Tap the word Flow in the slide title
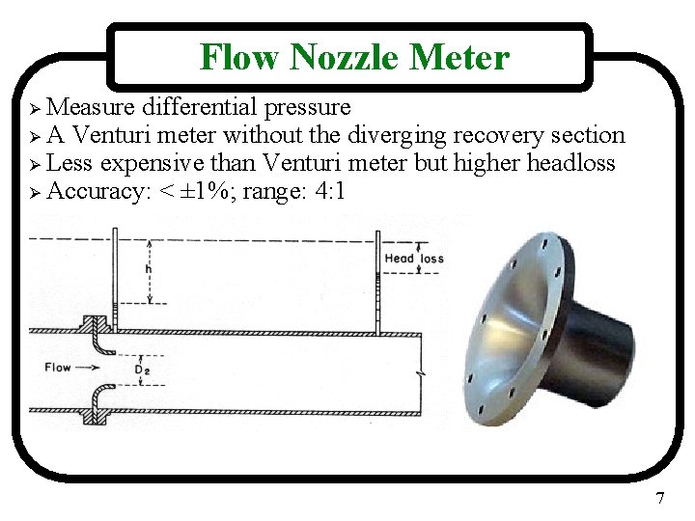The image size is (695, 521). pos(238,58)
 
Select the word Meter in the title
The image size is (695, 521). pos(459,58)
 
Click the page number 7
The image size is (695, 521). pos(660,499)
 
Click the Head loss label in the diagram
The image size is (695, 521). pos(414,259)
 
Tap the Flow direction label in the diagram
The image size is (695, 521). pos(59,367)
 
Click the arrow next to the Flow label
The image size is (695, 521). pos(93,367)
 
